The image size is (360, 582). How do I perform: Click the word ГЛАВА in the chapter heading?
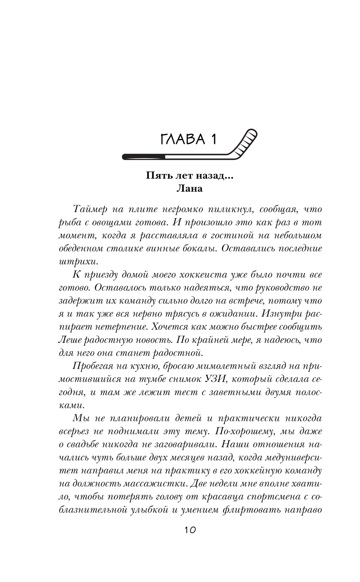(x=183, y=139)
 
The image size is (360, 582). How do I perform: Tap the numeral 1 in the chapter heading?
(x=213, y=139)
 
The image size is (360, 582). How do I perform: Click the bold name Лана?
(x=190, y=188)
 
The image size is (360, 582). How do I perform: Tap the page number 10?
(x=190, y=530)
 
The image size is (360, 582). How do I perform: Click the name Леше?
(x=69, y=340)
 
